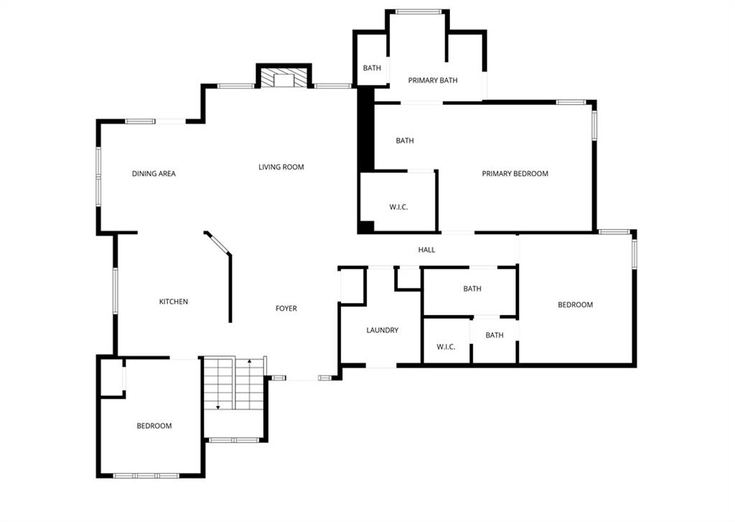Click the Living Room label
281,167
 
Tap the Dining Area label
154,174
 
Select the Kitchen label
174,302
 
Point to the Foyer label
286,308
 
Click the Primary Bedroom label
515,174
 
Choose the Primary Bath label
433,80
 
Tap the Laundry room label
383,330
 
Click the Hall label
426,250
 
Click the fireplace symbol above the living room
284,78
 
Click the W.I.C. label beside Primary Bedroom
398,207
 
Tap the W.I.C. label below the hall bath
446,347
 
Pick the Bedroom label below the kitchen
154,426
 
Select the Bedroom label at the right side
575,305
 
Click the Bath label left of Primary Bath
373,68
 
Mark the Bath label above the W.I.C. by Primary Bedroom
405,141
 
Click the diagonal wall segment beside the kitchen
218,243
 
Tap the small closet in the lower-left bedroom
112,378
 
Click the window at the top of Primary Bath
418,12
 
